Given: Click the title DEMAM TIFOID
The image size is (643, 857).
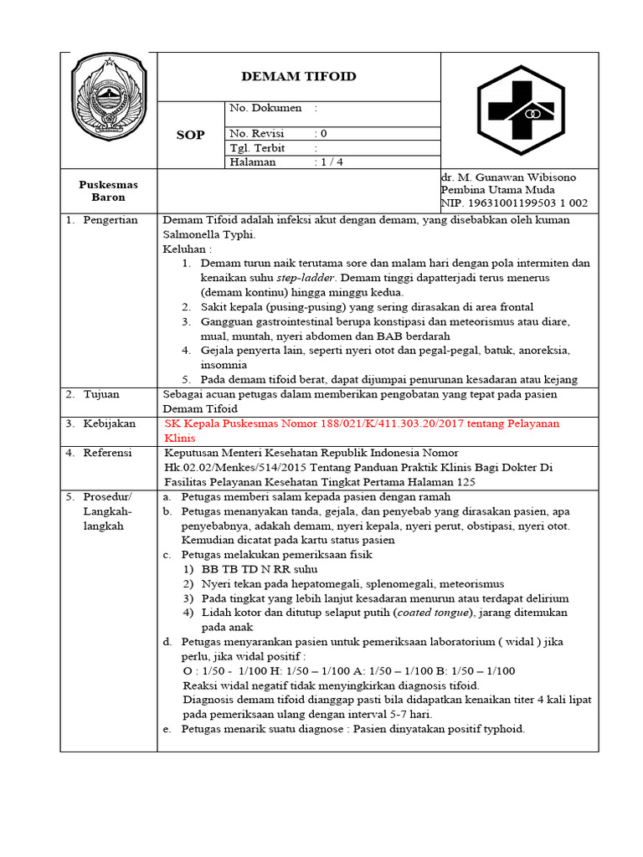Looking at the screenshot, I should [x=299, y=77].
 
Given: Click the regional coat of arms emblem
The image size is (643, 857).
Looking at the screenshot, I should [x=109, y=97].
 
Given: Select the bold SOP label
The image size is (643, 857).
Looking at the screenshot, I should [x=190, y=135].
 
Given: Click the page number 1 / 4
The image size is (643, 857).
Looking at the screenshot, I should [x=332, y=162].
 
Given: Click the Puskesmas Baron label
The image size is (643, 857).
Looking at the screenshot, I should [x=108, y=191].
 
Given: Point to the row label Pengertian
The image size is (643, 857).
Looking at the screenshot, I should [x=110, y=220].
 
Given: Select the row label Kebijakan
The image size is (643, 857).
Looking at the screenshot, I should [x=109, y=423].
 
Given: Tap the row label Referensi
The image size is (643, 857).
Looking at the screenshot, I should [x=107, y=453].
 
